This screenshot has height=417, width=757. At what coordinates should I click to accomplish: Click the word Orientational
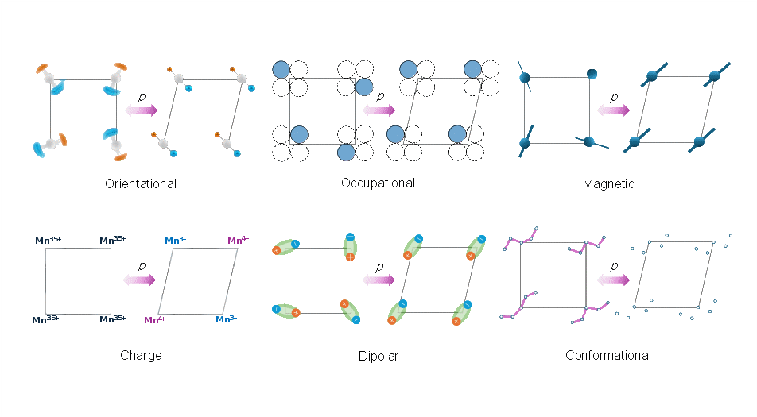click(x=141, y=183)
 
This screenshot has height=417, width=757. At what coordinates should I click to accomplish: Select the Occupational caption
click(x=378, y=183)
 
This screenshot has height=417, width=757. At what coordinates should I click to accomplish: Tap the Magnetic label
click(x=608, y=183)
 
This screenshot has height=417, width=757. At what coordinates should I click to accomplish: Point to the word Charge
click(x=141, y=355)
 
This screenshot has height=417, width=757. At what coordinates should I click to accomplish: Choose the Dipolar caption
click(x=378, y=357)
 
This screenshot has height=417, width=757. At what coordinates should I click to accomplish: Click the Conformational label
click(x=608, y=355)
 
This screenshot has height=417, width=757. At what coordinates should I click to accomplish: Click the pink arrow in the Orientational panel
click(x=141, y=110)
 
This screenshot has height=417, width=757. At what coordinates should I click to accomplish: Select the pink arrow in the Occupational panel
click(x=378, y=110)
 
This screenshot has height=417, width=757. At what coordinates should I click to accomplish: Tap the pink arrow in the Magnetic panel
click(x=614, y=110)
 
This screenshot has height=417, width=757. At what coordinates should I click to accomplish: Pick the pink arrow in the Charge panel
click(x=139, y=280)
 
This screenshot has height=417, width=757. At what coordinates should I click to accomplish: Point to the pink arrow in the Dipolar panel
click(x=378, y=280)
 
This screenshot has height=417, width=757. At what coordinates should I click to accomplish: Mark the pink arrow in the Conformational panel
click(x=614, y=280)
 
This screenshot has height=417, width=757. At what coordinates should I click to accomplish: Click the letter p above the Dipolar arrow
click(x=379, y=267)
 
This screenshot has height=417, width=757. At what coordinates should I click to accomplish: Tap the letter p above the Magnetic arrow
click(x=614, y=98)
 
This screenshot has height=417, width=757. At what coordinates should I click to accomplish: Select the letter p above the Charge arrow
click(x=142, y=266)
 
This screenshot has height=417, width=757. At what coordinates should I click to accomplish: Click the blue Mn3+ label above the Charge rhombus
click(x=175, y=240)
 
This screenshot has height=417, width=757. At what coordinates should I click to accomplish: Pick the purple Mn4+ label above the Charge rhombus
click(x=238, y=240)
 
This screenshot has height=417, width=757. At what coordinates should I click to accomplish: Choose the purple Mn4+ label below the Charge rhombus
click(x=154, y=319)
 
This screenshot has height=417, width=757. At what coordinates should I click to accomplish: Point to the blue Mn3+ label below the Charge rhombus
click(x=226, y=319)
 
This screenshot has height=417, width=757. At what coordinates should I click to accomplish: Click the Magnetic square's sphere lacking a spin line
click(x=592, y=74)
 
